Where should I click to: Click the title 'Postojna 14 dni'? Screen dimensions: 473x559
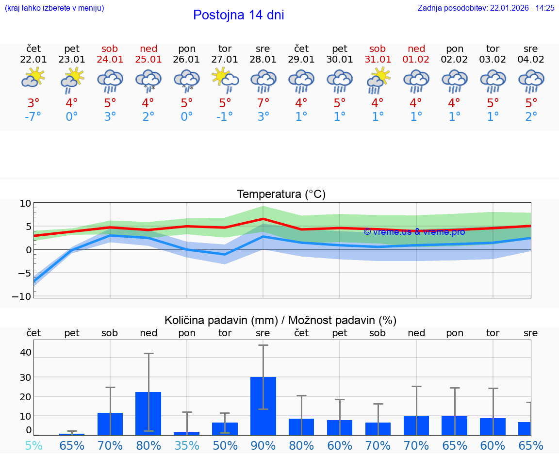click(238, 15)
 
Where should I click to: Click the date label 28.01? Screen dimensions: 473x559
click(263, 60)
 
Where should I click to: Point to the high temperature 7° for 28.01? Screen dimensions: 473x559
click(263, 103)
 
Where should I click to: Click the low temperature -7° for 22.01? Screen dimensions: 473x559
click(33, 117)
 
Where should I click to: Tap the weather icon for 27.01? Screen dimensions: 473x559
click(225, 78)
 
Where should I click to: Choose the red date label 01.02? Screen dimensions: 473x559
click(416, 60)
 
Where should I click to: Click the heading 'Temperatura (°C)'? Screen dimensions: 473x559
click(281, 195)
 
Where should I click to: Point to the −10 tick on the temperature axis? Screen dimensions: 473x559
click(25, 296)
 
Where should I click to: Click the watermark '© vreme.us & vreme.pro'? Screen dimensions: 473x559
click(414, 232)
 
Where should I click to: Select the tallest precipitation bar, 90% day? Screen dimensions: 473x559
click(263, 406)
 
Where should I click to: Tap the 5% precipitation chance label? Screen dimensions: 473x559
click(33, 445)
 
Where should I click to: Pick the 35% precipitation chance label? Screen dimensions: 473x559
click(187, 445)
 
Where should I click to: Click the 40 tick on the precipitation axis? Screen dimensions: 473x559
click(25, 352)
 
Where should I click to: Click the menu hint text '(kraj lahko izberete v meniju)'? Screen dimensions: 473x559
click(54, 8)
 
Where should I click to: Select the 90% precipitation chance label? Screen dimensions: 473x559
click(263, 445)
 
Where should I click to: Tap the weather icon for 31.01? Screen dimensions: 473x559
click(378, 80)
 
